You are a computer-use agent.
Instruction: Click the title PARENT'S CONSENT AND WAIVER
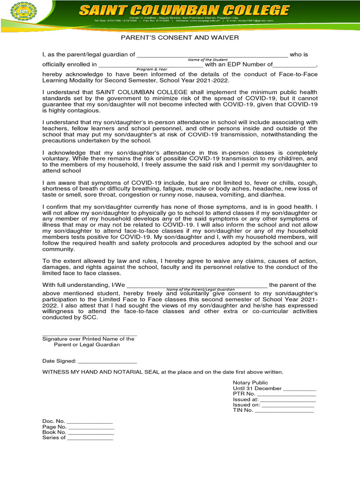click(x=180, y=37)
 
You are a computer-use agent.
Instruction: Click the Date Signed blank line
click(x=107, y=362)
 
